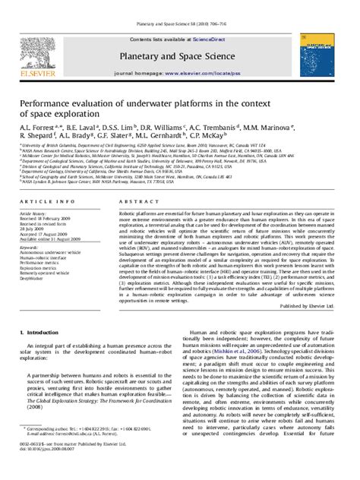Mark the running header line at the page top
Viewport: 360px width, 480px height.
pyautogui.click(x=179, y=5)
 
